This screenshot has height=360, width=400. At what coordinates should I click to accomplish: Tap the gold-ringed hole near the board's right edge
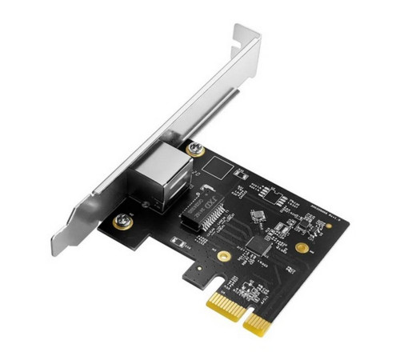point(301,248)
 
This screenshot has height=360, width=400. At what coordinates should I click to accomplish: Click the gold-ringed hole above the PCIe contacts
point(225,257)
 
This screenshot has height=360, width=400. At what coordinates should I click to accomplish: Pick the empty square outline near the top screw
point(217,166)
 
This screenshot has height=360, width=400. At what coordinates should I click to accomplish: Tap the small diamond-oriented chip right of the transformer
point(258,215)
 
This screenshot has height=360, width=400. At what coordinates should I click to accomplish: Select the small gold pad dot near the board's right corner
point(329,226)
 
